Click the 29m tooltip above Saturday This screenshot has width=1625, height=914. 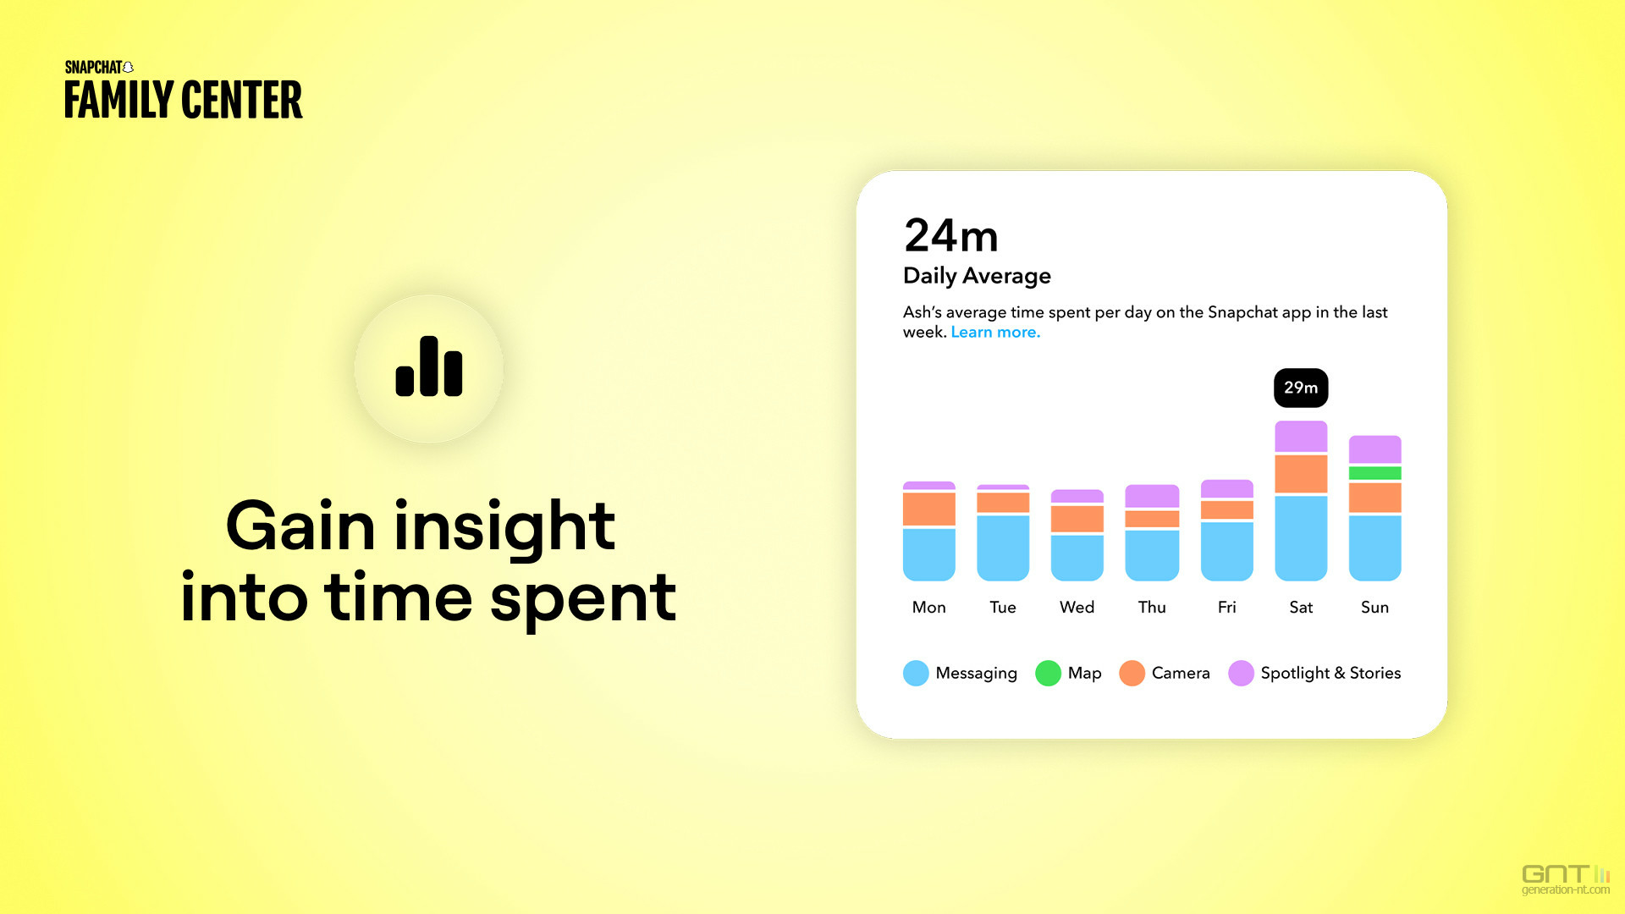[1301, 388]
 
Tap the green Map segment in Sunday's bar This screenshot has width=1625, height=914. [1374, 473]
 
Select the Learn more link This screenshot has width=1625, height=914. [995, 333]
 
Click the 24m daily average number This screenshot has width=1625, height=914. [951, 235]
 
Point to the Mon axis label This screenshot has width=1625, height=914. [928, 607]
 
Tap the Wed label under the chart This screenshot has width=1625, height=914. [1077, 607]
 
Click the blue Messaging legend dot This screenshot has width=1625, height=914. [916, 673]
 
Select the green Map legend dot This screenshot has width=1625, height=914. [1048, 673]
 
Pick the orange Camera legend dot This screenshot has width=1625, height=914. [1132, 673]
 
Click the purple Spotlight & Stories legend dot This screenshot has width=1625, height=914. [1241, 673]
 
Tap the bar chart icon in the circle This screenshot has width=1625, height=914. [429, 366]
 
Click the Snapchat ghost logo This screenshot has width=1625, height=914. [128, 68]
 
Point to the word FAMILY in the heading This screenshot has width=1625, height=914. [118, 100]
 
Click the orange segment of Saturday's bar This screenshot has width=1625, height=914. [1301, 474]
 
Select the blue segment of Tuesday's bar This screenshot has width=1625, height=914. [1003, 548]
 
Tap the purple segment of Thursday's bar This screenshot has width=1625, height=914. [1152, 495]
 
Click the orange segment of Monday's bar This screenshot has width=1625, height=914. [929, 509]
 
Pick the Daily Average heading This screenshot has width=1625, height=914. [977, 276]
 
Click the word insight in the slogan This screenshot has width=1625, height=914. [504, 527]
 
